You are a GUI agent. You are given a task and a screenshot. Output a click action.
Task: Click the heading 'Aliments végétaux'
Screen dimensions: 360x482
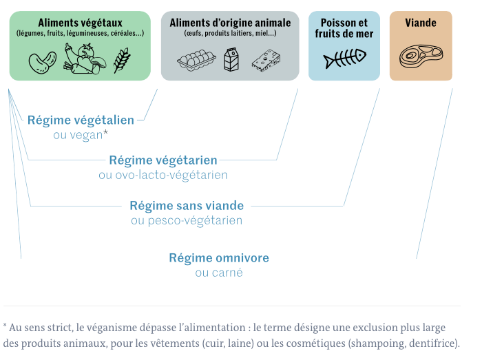pos(80,22)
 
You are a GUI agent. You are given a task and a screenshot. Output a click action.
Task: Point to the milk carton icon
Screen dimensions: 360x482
pos(231,60)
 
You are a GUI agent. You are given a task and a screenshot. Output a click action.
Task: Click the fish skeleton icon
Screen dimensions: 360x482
pos(344,60)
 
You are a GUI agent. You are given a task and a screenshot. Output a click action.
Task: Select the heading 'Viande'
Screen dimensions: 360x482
pos(420,23)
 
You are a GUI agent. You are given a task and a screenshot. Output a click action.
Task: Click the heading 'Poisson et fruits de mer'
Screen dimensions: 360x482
pos(344,28)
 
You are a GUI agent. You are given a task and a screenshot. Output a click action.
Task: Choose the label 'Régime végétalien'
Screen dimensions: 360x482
pos(81,120)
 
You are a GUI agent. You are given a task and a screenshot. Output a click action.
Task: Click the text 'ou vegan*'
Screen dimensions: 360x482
pos(81,135)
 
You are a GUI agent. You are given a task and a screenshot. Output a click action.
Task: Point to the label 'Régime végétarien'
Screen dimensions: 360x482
pos(163,160)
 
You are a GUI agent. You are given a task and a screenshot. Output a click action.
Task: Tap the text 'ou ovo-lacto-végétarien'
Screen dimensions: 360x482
pos(163,176)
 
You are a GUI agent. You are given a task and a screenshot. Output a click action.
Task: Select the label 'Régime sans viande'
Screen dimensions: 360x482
pos(187,205)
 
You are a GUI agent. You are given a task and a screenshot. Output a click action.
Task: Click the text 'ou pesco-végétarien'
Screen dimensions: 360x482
pos(187,220)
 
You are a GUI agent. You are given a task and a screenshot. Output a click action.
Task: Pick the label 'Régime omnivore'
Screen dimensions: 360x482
pos(219,258)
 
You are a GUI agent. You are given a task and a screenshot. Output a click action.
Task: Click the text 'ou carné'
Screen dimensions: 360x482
pos(219,273)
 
